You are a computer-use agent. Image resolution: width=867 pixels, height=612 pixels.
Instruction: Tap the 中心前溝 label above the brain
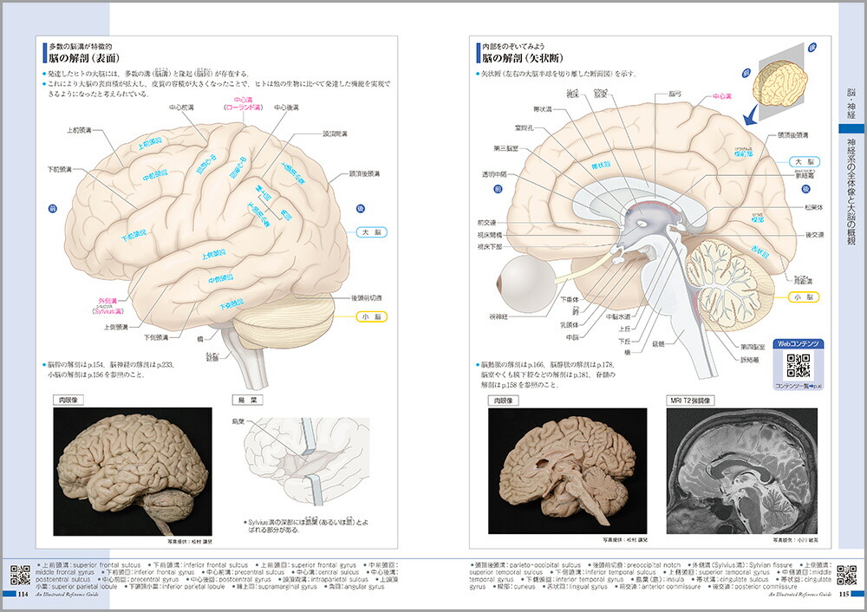[x=182, y=108]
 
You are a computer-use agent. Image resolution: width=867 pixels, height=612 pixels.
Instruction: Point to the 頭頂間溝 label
[x=336, y=134]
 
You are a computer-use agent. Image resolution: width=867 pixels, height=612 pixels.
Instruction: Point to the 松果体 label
[x=814, y=208]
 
